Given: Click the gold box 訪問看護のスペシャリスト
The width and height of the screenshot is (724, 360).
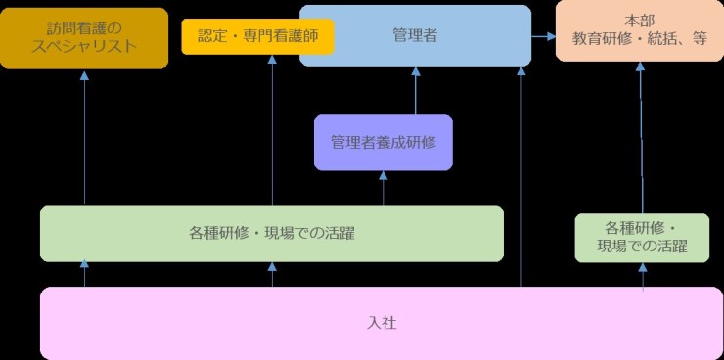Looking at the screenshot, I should coord(83,37).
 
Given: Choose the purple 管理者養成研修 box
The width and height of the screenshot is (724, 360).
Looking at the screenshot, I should coord(383,142).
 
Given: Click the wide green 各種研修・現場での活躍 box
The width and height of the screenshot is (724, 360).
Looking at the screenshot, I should coord(271,234).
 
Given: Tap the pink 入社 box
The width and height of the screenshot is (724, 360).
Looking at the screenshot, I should coord(382,323).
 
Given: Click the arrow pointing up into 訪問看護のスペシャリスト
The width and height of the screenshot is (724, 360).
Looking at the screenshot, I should coord(85,137).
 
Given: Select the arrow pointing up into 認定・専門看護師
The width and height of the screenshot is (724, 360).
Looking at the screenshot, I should coord(272,127).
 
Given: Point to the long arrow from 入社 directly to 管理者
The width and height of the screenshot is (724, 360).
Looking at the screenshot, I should coord(521,176).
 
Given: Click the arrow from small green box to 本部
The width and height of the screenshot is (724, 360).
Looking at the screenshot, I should coord(641,137).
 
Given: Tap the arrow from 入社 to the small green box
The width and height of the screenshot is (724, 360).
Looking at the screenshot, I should coord(643,277).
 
